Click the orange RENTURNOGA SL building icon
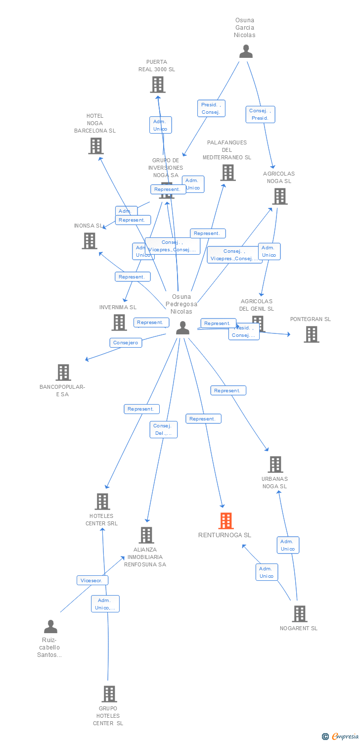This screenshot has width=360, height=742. (226, 521)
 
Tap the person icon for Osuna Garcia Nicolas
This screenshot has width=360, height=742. (246, 51)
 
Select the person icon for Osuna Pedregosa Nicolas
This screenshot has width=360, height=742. (182, 327)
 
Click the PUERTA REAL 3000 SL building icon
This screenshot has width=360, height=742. (157, 85)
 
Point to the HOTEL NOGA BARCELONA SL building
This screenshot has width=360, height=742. (95, 146)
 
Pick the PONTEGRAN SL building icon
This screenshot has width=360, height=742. (311, 334)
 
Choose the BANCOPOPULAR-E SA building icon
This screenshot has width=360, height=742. (63, 372)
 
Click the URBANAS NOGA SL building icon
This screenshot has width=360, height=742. (275, 464)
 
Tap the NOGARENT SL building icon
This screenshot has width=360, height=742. (299, 614)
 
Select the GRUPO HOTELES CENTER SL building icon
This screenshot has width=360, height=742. (109, 694)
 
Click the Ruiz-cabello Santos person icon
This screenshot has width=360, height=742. (50, 627)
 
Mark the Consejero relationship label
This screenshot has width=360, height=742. (126, 342)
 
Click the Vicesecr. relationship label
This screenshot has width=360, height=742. (92, 580)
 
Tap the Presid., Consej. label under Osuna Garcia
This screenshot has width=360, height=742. (211, 108)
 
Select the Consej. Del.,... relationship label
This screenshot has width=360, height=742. (163, 429)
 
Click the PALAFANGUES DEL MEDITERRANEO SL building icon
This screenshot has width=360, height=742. (227, 173)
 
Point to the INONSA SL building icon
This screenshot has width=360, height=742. (90, 241)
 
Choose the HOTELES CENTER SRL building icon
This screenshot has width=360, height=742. (102, 502)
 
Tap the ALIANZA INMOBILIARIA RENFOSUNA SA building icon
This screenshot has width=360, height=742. (146, 535)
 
